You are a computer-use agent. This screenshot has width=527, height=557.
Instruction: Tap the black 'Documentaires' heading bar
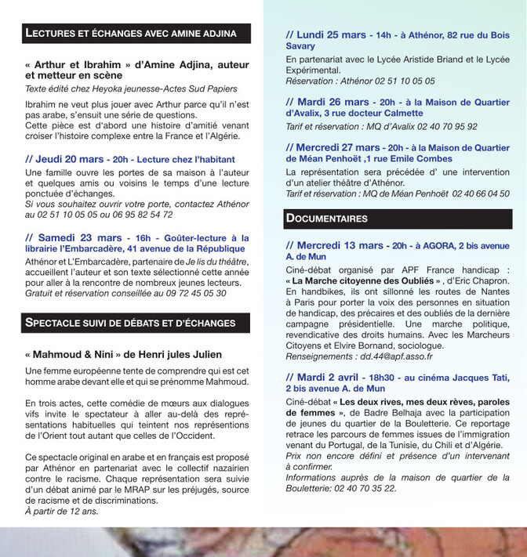pos(327,218)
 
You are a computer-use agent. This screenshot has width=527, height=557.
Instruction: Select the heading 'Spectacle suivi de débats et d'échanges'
pos(130,322)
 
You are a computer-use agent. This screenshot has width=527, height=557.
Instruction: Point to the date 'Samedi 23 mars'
pos(74,237)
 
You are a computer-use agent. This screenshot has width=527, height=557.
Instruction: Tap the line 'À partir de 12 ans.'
pos(61,512)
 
